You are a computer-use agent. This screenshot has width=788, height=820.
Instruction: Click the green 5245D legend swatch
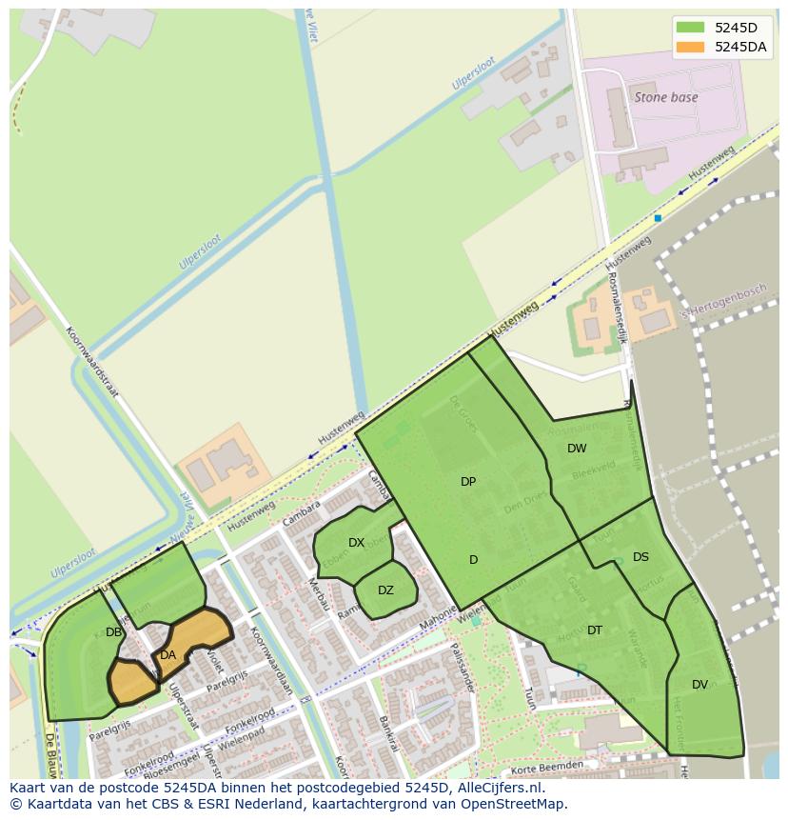point(690,28)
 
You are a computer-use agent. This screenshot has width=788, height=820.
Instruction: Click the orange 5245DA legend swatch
point(690,47)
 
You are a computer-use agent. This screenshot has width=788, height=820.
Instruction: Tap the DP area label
point(468,482)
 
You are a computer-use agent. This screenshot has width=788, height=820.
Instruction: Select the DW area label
point(577,449)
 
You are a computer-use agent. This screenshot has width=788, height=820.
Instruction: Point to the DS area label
point(640,557)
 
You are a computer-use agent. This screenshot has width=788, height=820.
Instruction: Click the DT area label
point(595,630)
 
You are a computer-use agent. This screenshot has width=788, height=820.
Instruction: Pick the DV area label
point(699,685)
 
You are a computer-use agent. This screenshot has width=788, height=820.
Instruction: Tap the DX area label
point(356,543)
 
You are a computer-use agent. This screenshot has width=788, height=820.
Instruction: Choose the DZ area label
point(385,590)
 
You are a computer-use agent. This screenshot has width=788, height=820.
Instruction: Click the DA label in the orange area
point(167,655)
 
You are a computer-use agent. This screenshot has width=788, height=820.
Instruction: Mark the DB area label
point(113,632)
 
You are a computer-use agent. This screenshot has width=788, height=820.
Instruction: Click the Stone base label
point(666,97)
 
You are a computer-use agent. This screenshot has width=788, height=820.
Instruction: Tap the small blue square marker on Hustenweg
point(658,218)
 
